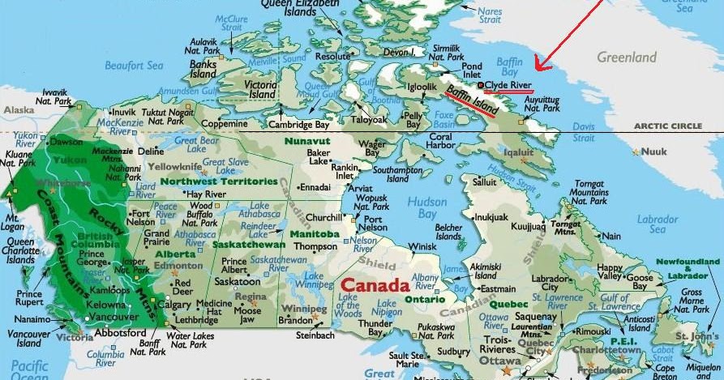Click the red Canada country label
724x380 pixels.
pyautogui.click(x=375, y=286)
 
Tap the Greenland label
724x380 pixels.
pyautogui.click(x=626, y=58)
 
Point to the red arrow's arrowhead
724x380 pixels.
pyautogui.click(x=539, y=64)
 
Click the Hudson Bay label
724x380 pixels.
pyautogui.click(x=427, y=207)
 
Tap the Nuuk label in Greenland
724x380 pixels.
pyautogui.click(x=653, y=152)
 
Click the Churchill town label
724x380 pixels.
pyautogui.click(x=323, y=217)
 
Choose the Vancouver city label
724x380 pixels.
pyautogui.click(x=114, y=317)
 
